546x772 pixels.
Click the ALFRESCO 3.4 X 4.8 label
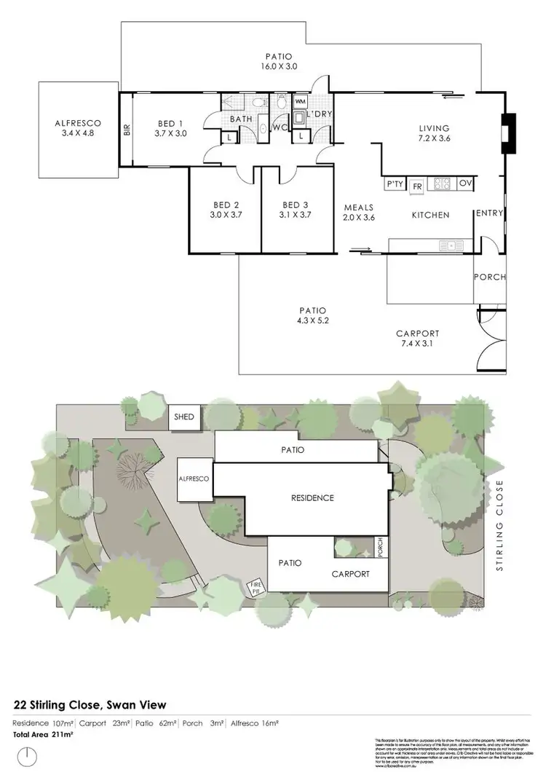coord(77,128)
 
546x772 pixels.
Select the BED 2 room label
coord(226,210)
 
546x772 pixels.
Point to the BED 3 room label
coord(296,210)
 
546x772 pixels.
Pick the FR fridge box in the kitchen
coord(417,186)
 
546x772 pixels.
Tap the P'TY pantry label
coord(395,185)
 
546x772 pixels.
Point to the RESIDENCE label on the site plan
coord(312,498)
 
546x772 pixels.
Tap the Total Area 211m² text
coord(44,735)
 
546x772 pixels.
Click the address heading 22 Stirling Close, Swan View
coord(90,704)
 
